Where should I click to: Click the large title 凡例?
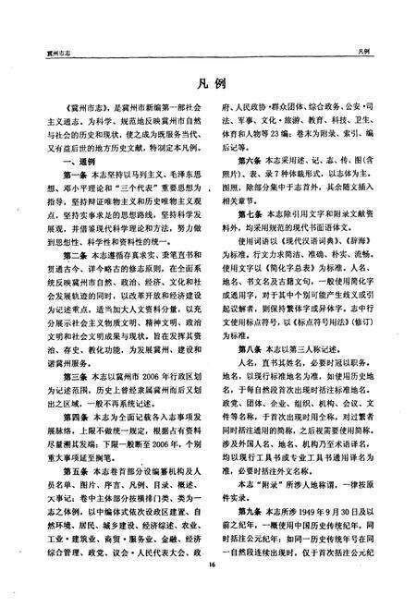[x=209, y=79]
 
